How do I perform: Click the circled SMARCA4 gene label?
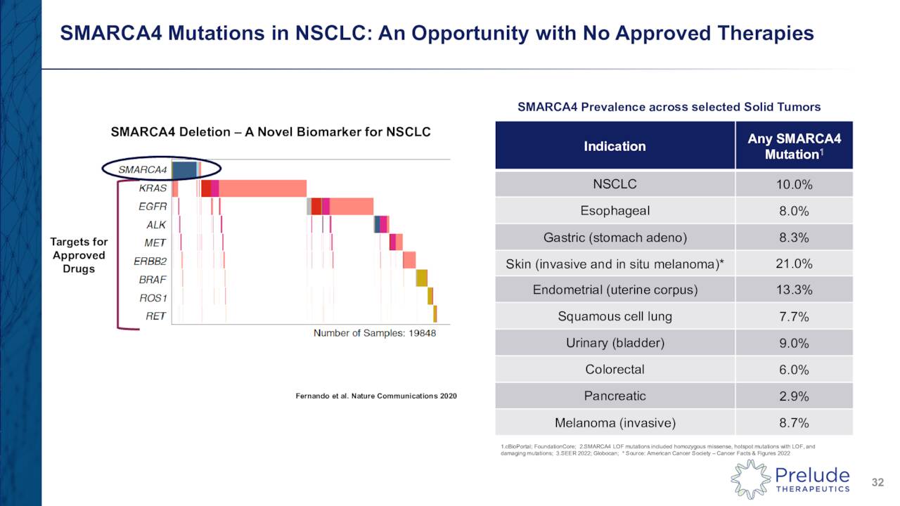click(x=143, y=169)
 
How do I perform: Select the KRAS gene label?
click(x=153, y=188)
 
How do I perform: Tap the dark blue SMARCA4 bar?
click(x=184, y=169)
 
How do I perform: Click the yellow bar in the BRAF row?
click(x=422, y=278)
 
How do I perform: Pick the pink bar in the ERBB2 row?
click(x=409, y=260)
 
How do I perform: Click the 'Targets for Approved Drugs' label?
click(x=79, y=255)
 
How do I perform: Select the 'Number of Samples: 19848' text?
click(x=374, y=333)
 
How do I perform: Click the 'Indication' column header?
click(x=614, y=146)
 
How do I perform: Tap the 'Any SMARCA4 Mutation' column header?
click(x=794, y=146)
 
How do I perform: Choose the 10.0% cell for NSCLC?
click(x=795, y=185)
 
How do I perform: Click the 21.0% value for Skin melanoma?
click(x=795, y=264)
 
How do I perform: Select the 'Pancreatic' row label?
click(x=615, y=396)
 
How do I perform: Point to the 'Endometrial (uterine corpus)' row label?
click(x=615, y=290)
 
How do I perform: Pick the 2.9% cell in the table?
click(x=795, y=396)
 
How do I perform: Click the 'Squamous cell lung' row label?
click(x=615, y=316)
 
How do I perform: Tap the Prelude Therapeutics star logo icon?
click(x=750, y=479)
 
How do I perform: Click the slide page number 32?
click(x=877, y=482)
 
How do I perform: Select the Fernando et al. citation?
click(x=375, y=396)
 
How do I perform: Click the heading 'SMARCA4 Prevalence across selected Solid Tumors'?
click(x=669, y=107)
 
